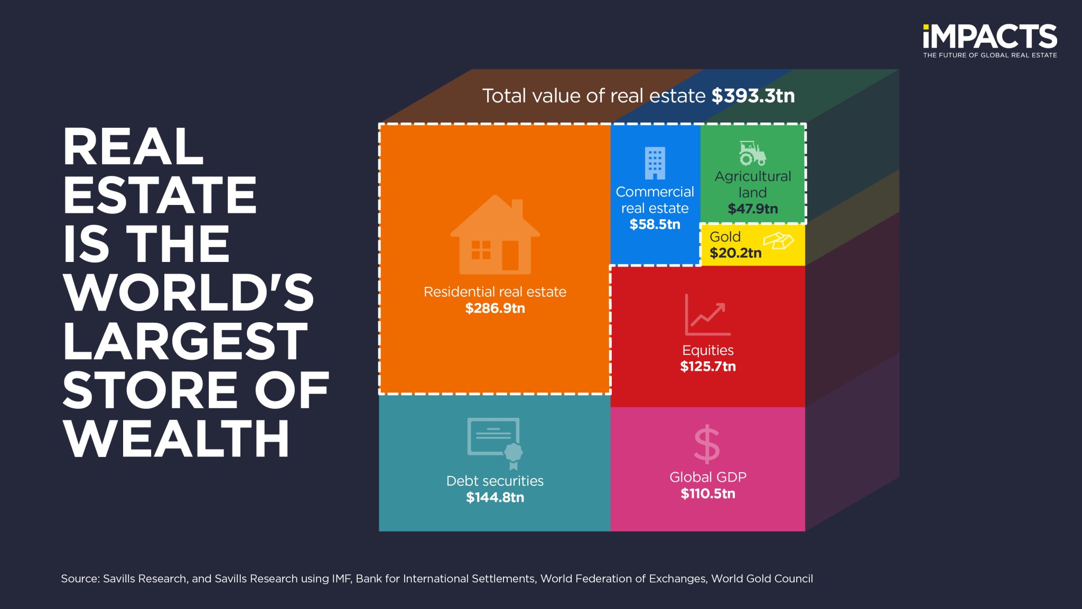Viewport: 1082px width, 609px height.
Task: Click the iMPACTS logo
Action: click(990, 36)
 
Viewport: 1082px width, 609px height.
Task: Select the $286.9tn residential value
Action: click(495, 308)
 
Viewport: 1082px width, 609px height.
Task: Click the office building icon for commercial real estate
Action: click(655, 163)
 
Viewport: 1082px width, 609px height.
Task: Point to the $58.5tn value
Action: click(655, 224)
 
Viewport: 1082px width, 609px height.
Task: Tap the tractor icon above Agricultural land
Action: click(752, 154)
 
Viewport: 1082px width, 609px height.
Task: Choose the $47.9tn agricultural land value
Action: click(752, 209)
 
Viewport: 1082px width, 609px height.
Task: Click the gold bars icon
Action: click(778, 241)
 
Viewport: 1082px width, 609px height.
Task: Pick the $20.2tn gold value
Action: click(735, 254)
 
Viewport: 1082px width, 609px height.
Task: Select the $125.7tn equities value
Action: click(707, 367)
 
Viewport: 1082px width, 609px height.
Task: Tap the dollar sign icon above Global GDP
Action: click(707, 445)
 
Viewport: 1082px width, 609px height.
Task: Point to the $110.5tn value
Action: click(707, 494)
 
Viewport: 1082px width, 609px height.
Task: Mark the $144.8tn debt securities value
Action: click(495, 498)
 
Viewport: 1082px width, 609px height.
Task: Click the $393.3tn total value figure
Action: click(753, 96)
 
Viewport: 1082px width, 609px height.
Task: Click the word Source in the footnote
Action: click(80, 579)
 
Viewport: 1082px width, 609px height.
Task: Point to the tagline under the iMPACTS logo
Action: click(990, 55)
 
